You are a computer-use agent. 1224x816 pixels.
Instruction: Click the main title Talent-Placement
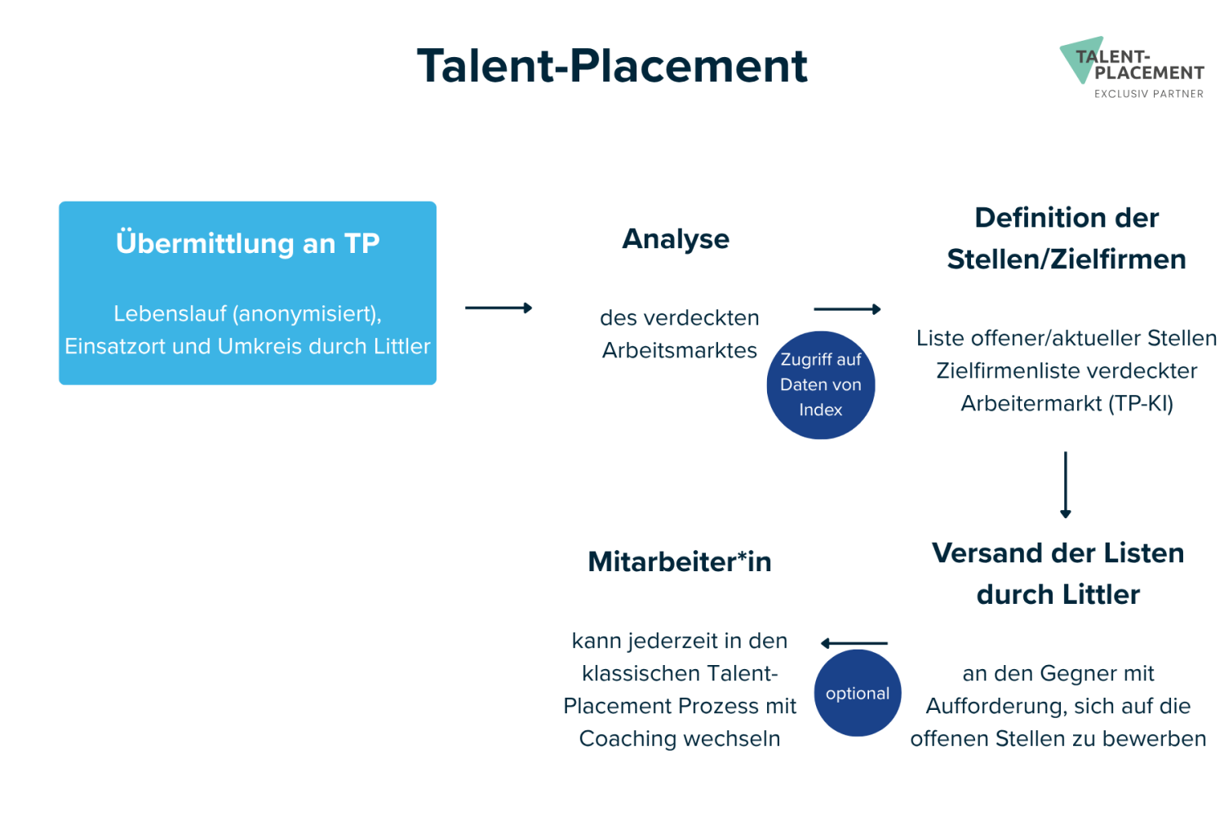click(612, 66)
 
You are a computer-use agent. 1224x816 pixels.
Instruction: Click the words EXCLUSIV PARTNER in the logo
click(1149, 94)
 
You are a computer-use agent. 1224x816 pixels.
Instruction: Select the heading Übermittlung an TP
click(247, 243)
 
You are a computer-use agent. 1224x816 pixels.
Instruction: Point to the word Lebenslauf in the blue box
click(170, 313)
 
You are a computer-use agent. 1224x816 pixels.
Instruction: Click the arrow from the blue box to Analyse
click(499, 308)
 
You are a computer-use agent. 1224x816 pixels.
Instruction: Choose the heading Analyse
click(676, 239)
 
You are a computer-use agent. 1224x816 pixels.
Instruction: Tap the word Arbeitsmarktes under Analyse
click(679, 350)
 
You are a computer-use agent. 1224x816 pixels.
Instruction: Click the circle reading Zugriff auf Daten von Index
click(821, 385)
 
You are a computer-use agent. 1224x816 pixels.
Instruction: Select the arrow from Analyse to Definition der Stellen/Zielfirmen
click(847, 309)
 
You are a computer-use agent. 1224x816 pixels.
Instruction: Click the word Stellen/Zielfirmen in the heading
click(1066, 259)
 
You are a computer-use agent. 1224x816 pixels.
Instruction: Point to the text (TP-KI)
click(1141, 403)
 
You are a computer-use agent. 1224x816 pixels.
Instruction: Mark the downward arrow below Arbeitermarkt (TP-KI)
click(1066, 485)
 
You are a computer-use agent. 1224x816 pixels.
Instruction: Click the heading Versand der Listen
click(1058, 553)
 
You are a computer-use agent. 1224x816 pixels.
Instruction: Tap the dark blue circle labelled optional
click(858, 693)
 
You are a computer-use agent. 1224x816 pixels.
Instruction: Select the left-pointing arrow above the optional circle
click(854, 643)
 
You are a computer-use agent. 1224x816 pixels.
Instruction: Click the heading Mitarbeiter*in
click(679, 562)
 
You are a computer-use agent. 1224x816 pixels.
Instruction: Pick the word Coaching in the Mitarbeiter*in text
click(628, 739)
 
